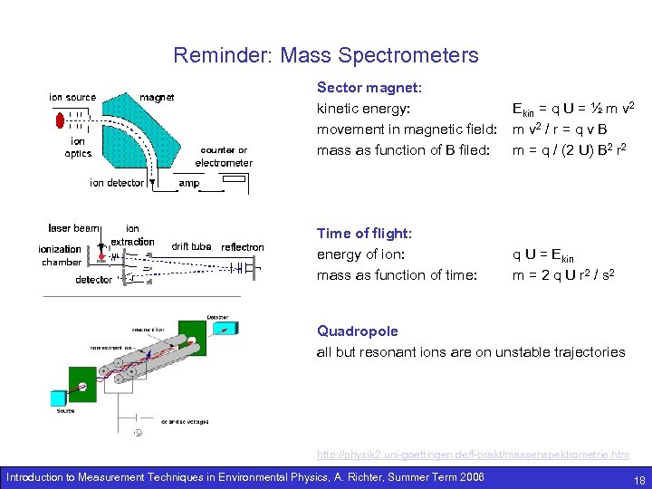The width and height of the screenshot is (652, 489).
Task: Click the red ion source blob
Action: point(60,119)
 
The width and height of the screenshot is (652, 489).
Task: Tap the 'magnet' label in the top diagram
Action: point(157,98)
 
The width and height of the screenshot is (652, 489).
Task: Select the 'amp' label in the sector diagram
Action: point(189,183)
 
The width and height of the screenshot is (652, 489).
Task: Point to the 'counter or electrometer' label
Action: point(224,157)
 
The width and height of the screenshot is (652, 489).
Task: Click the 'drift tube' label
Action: point(191,246)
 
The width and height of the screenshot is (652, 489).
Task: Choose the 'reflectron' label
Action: point(243,247)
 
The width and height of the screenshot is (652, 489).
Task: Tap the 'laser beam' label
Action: point(73,228)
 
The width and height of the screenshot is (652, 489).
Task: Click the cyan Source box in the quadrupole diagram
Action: point(59,397)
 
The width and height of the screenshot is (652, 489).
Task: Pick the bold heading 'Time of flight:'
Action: point(364,234)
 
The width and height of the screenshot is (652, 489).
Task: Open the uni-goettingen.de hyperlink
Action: point(472,454)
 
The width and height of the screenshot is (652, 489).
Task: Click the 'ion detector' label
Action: point(117,183)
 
